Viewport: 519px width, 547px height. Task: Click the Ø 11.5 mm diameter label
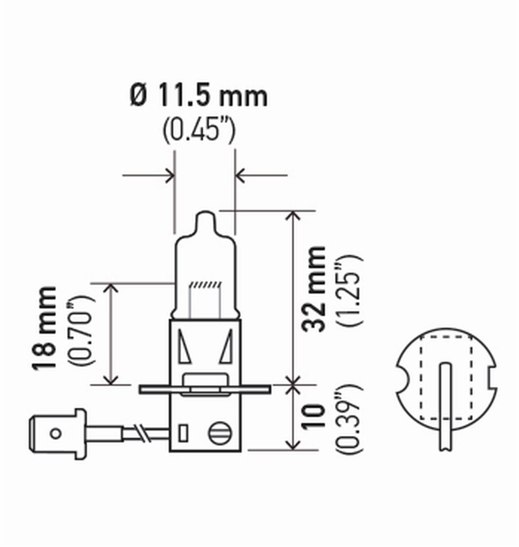(x=199, y=96)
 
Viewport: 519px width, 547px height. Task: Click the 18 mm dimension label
(x=45, y=328)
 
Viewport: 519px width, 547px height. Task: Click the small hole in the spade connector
(x=55, y=434)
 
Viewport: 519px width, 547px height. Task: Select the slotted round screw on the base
(x=220, y=433)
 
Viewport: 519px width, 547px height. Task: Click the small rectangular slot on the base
(x=183, y=433)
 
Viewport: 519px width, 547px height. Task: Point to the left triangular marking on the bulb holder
(x=184, y=346)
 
